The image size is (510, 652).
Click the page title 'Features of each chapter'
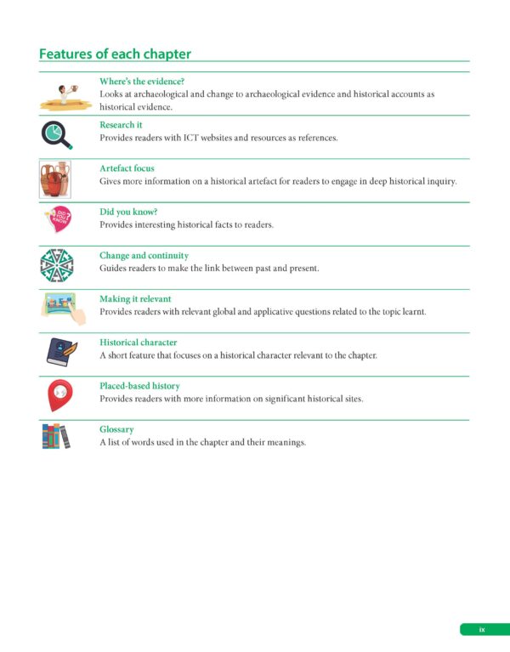coord(115,54)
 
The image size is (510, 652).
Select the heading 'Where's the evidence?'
coord(142,81)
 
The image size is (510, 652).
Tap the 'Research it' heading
coord(121,124)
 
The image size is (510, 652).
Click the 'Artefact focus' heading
coord(127,168)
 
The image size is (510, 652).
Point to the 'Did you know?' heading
coord(128,212)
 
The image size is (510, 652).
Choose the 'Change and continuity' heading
coord(144,255)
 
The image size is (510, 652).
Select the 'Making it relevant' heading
coord(135,298)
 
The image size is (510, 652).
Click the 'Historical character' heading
coord(138,343)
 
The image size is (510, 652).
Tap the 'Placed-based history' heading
coord(139,386)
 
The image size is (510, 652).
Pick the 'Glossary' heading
coord(116,429)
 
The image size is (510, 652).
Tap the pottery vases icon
coord(56,179)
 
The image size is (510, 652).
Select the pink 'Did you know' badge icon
coord(57,219)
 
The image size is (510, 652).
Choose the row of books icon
coord(56,436)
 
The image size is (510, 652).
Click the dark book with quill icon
coord(57,350)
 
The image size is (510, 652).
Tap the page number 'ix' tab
coord(482,629)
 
